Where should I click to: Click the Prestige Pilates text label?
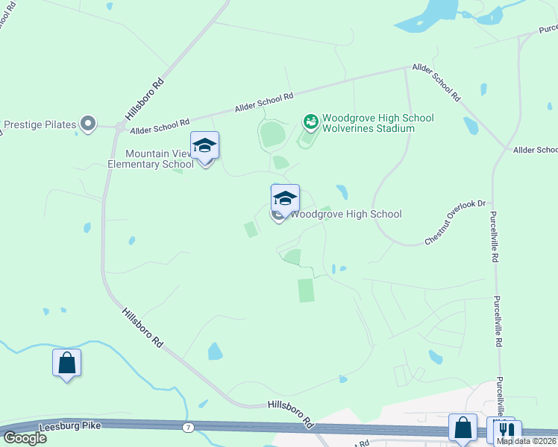click(40, 124)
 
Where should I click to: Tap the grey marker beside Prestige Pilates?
click(88, 124)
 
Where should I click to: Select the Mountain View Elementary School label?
click(151, 159)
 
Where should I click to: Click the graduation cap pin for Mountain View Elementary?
click(204, 147)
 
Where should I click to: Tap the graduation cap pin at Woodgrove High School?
click(285, 199)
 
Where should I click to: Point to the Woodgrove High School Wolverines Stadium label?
click(368, 123)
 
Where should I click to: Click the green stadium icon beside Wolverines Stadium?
click(311, 120)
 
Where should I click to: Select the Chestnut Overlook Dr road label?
click(455, 221)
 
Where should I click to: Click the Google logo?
click(25, 437)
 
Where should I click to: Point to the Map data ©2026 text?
click(526, 441)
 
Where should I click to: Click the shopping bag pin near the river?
click(66, 364)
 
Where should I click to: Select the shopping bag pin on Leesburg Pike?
click(463, 428)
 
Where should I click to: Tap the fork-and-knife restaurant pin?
click(506, 430)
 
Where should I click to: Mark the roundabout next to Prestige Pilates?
click(119, 127)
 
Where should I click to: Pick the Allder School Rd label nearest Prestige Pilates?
click(160, 124)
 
